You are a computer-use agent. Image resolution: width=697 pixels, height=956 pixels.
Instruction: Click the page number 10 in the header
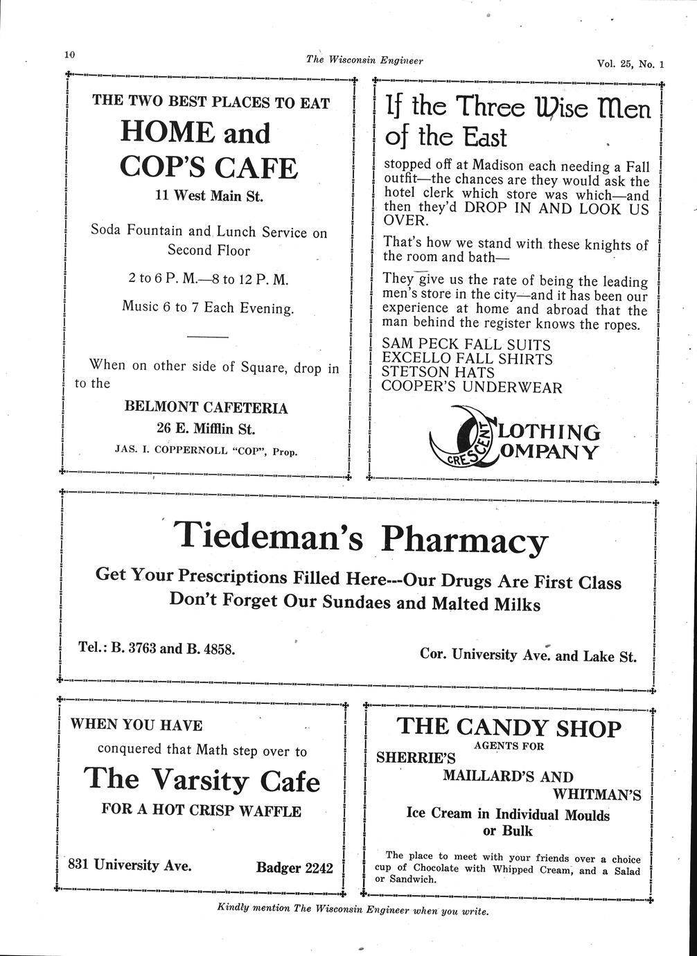pos(69,55)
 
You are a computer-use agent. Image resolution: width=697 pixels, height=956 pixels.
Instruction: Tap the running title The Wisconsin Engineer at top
pos(364,60)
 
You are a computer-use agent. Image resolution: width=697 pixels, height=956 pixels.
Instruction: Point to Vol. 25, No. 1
pos(630,64)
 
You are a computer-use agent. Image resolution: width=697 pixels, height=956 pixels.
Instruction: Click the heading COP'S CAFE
pos(209,168)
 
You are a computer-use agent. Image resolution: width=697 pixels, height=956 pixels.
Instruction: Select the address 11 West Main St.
pos(209,196)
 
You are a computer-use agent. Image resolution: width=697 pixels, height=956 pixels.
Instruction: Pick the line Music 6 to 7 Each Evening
pos(208,307)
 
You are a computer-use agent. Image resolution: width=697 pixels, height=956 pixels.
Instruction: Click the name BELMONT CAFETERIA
pos(206,407)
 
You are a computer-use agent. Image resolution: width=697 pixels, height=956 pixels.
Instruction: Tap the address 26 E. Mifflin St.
pos(206,428)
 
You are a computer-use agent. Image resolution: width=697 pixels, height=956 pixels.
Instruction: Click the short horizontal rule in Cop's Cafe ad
pos(208,337)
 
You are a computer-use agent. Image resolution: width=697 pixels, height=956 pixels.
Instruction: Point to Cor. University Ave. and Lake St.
pos(528,655)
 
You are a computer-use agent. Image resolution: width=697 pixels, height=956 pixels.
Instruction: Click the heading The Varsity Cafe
pos(202,780)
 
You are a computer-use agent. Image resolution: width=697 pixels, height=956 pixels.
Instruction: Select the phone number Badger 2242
pos(294,867)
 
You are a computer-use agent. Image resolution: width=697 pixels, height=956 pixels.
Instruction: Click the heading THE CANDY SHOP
pos(509,727)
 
